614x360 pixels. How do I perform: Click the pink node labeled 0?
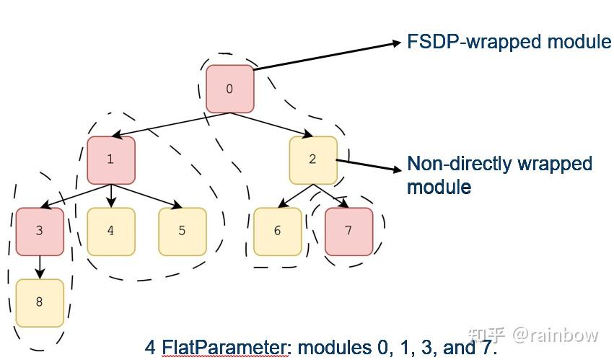tap(229, 89)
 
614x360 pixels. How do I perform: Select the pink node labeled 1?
tap(110, 159)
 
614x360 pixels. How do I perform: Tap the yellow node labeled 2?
tap(313, 159)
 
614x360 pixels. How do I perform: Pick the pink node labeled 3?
tap(40, 232)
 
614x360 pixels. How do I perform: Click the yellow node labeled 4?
tap(110, 232)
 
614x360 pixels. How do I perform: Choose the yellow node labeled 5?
tap(182, 232)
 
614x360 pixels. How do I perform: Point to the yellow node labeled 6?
tap(277, 232)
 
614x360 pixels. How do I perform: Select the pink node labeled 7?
tap(348, 232)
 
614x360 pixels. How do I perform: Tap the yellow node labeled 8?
tap(40, 302)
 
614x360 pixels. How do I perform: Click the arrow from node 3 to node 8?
tap(40, 267)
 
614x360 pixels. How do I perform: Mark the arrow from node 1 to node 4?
tap(110, 196)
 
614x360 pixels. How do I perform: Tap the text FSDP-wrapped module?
tap(509, 42)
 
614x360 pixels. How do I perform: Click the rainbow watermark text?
tap(555, 335)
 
